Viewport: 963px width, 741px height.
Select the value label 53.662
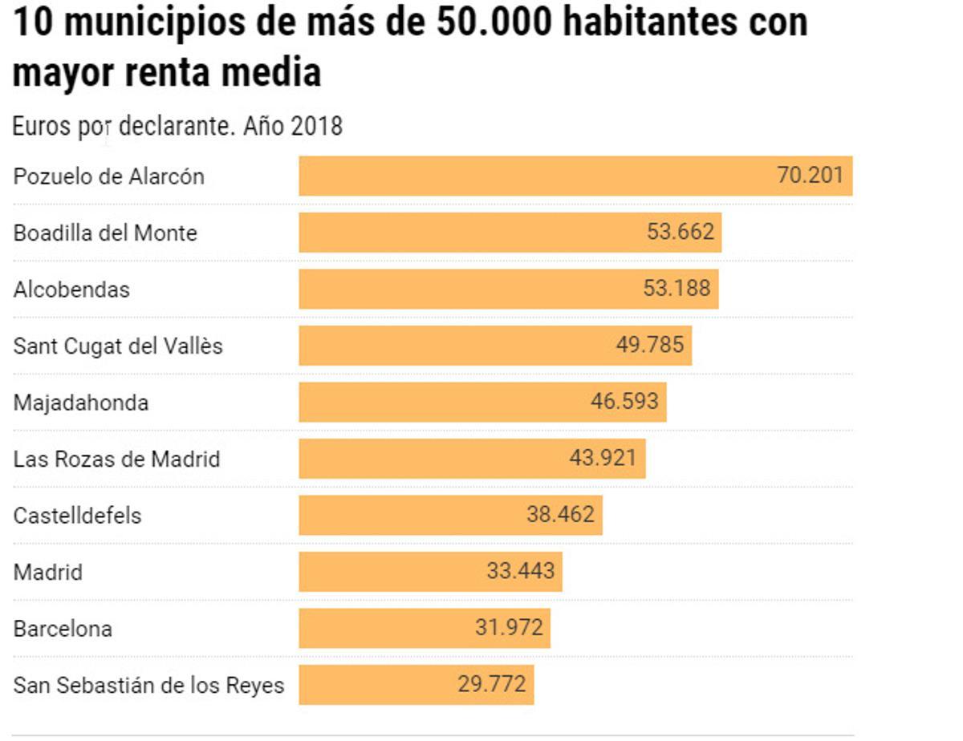(x=680, y=233)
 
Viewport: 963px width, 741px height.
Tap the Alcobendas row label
(x=71, y=290)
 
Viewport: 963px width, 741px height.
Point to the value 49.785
(x=651, y=346)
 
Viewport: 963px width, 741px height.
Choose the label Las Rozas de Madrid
(x=116, y=460)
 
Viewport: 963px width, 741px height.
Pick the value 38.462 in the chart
(x=560, y=515)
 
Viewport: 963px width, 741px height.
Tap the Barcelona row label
(x=63, y=629)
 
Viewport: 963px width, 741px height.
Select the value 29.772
(x=492, y=685)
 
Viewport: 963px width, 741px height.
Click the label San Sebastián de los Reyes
(x=148, y=686)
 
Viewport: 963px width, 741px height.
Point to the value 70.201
(x=810, y=176)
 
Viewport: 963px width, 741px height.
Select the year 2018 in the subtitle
(x=317, y=127)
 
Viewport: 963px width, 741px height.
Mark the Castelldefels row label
(x=77, y=516)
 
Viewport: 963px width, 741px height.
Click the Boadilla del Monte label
(x=105, y=233)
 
